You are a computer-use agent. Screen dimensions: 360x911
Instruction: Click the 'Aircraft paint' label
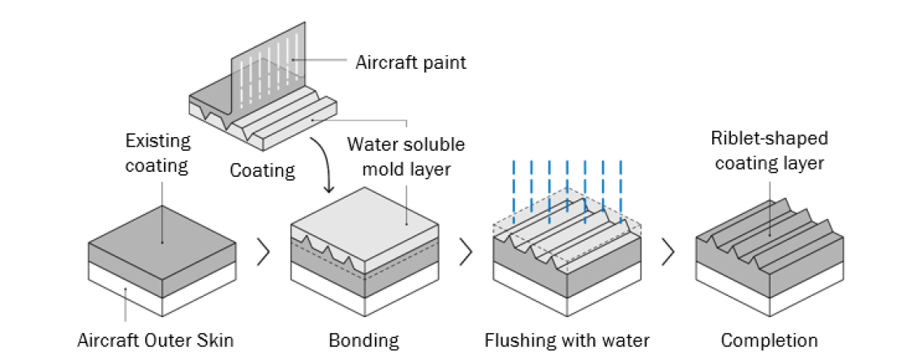(410, 62)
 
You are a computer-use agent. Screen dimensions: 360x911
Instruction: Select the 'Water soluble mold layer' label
(406, 157)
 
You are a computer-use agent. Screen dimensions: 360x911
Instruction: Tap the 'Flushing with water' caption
(567, 339)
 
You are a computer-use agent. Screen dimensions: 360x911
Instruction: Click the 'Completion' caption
(769, 339)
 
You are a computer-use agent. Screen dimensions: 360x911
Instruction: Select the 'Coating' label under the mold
(262, 171)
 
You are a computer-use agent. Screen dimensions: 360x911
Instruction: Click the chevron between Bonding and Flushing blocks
(466, 252)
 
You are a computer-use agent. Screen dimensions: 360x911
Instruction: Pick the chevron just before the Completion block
(668, 252)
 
